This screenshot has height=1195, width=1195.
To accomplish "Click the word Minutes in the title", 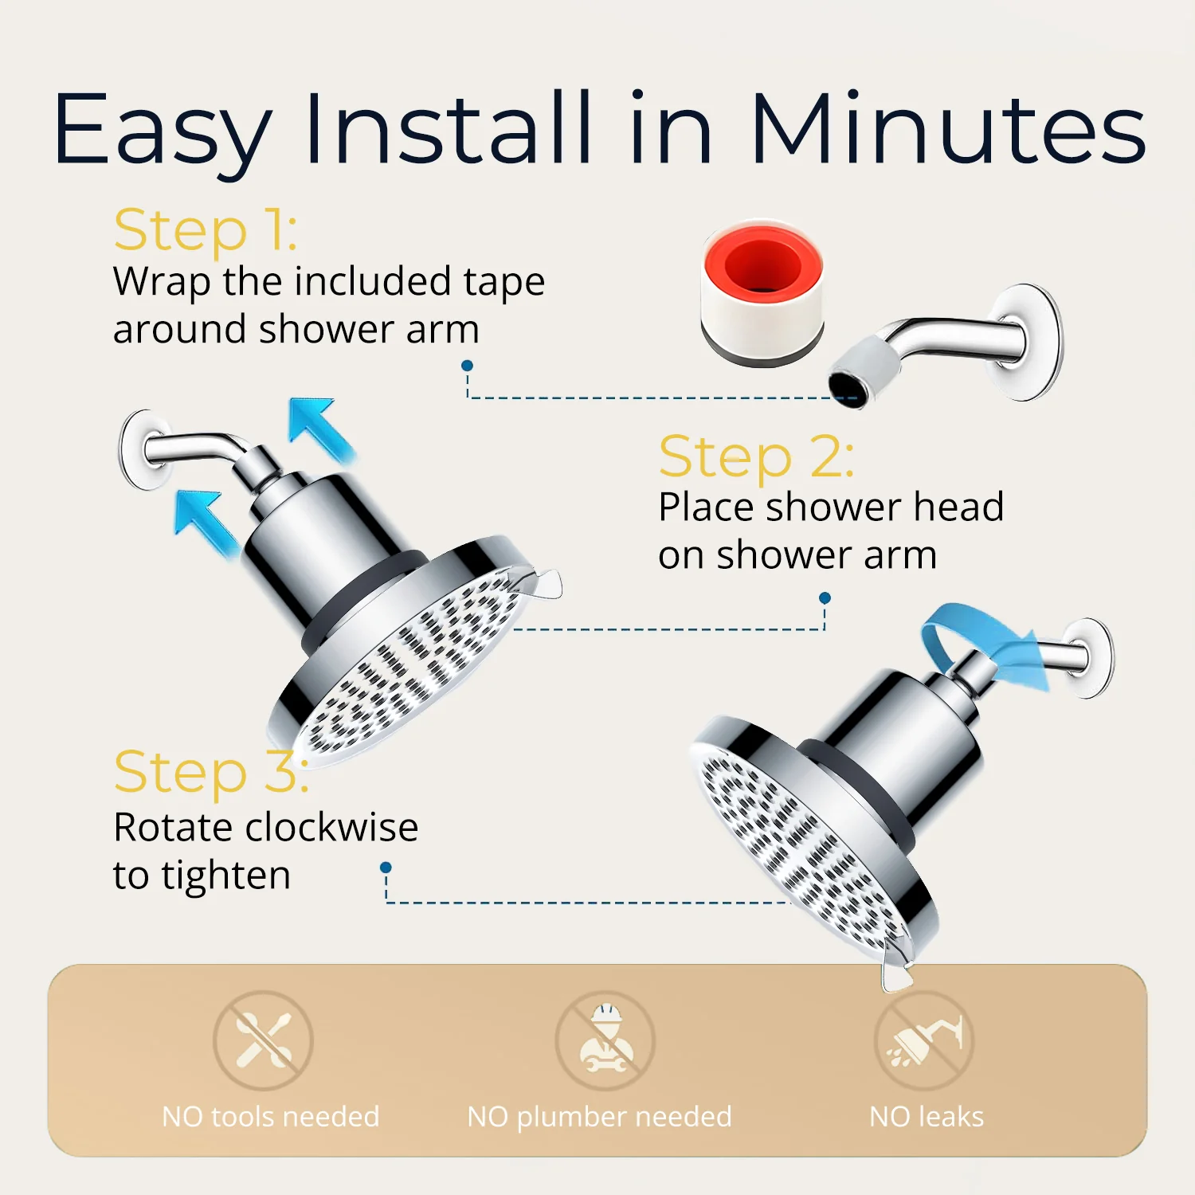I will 948,129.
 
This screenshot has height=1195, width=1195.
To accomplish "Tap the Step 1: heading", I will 206,230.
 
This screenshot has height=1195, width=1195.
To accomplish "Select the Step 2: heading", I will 756,457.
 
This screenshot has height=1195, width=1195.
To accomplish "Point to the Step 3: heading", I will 210,772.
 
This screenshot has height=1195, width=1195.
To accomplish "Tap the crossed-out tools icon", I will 263,1040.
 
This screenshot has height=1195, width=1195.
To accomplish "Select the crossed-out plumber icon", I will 605,1040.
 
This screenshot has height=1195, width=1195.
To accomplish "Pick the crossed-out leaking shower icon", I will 924,1040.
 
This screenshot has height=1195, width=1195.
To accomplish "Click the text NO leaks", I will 927,1117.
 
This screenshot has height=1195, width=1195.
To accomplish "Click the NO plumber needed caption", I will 599,1117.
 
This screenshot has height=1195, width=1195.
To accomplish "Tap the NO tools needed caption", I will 270,1117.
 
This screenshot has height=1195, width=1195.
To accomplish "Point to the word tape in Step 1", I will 504,282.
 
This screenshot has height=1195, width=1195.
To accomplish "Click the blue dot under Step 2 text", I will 825,597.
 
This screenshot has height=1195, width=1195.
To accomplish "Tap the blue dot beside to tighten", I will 386,867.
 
